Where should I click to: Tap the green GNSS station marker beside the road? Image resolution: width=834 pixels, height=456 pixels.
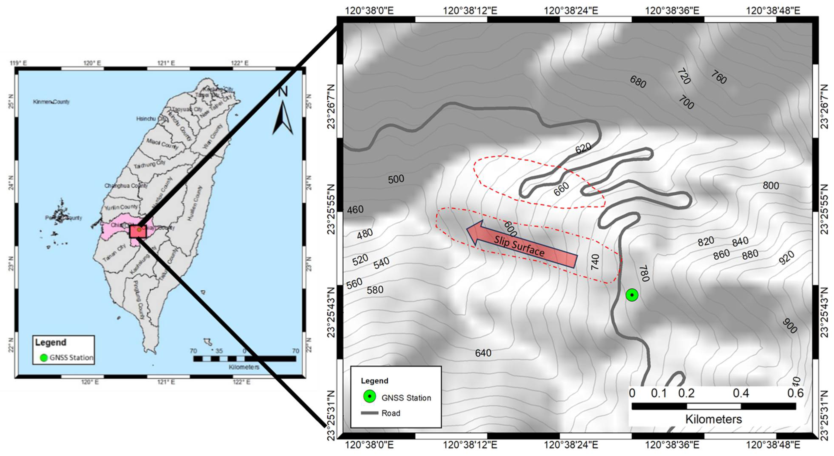click(x=632, y=295)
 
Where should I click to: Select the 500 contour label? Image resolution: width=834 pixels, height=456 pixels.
click(x=396, y=179)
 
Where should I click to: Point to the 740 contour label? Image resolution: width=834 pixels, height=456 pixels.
click(x=595, y=262)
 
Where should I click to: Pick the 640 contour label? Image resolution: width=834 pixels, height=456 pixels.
click(x=483, y=353)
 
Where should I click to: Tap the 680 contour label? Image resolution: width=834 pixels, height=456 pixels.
click(x=638, y=82)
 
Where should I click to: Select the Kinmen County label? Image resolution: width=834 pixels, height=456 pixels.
click(x=51, y=102)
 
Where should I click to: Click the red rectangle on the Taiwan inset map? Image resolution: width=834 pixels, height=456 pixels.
click(x=138, y=231)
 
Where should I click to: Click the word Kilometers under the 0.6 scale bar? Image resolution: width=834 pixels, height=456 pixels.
click(x=713, y=419)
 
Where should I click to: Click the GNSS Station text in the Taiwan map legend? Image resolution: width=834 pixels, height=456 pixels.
click(x=71, y=357)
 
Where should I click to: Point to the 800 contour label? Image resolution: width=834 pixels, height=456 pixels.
click(x=770, y=186)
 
